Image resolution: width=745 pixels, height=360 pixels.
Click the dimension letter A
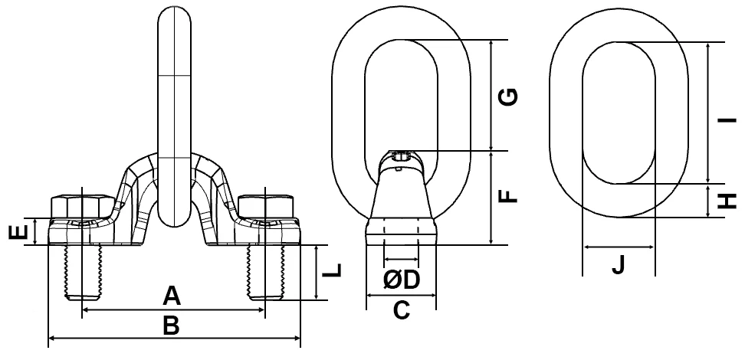coord(172,295)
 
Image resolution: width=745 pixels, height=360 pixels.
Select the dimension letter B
coord(172,325)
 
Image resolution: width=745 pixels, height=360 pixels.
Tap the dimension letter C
coord(402,310)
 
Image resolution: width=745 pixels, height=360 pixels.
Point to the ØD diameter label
coord(402,281)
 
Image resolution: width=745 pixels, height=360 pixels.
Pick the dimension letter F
coord(508,196)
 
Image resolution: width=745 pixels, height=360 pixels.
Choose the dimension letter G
coord(508,97)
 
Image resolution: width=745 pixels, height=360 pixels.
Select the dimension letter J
coord(619,265)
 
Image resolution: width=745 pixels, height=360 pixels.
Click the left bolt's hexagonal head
coord(81,206)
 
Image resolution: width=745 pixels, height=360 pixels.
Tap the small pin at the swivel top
coord(402,157)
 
